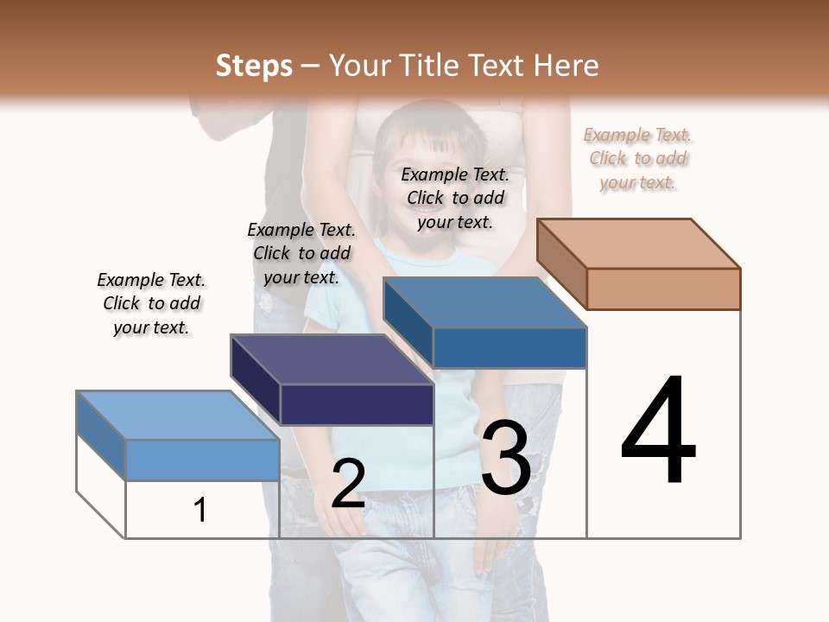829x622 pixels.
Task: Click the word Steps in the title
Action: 254,66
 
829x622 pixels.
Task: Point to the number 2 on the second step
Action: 348,483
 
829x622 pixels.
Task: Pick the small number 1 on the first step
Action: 200,510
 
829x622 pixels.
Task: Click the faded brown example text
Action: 637,158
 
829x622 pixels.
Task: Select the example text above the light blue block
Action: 151,303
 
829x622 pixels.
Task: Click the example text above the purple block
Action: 301,253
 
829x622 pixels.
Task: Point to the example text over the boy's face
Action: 455,198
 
